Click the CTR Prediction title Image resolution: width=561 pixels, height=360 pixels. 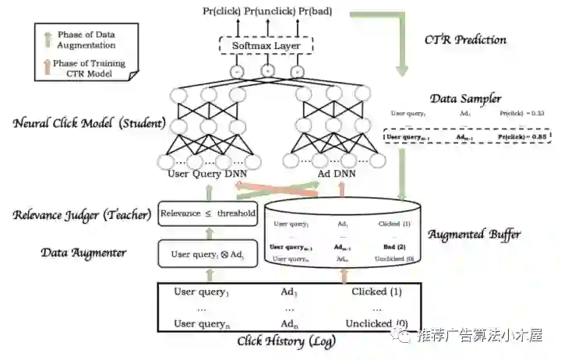(x=465, y=39)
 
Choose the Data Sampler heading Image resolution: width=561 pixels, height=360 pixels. (x=467, y=98)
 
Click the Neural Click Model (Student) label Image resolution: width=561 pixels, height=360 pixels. (x=90, y=123)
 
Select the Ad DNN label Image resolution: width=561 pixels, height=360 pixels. (x=337, y=174)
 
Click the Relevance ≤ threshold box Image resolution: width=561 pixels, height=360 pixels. (x=207, y=213)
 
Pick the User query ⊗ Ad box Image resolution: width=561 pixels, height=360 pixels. (x=207, y=254)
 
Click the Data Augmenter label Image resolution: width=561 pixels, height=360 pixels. (x=83, y=252)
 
